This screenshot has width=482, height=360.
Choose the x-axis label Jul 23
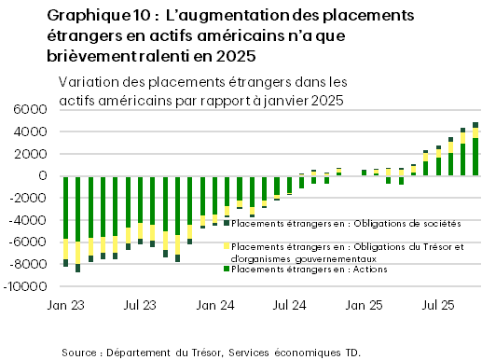coord(140,305)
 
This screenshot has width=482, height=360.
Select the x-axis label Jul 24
coord(290,305)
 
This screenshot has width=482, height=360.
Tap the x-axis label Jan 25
coord(365,305)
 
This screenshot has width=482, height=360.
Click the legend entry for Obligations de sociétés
coord(345,224)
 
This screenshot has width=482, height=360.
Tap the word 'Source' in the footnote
coord(82,352)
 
